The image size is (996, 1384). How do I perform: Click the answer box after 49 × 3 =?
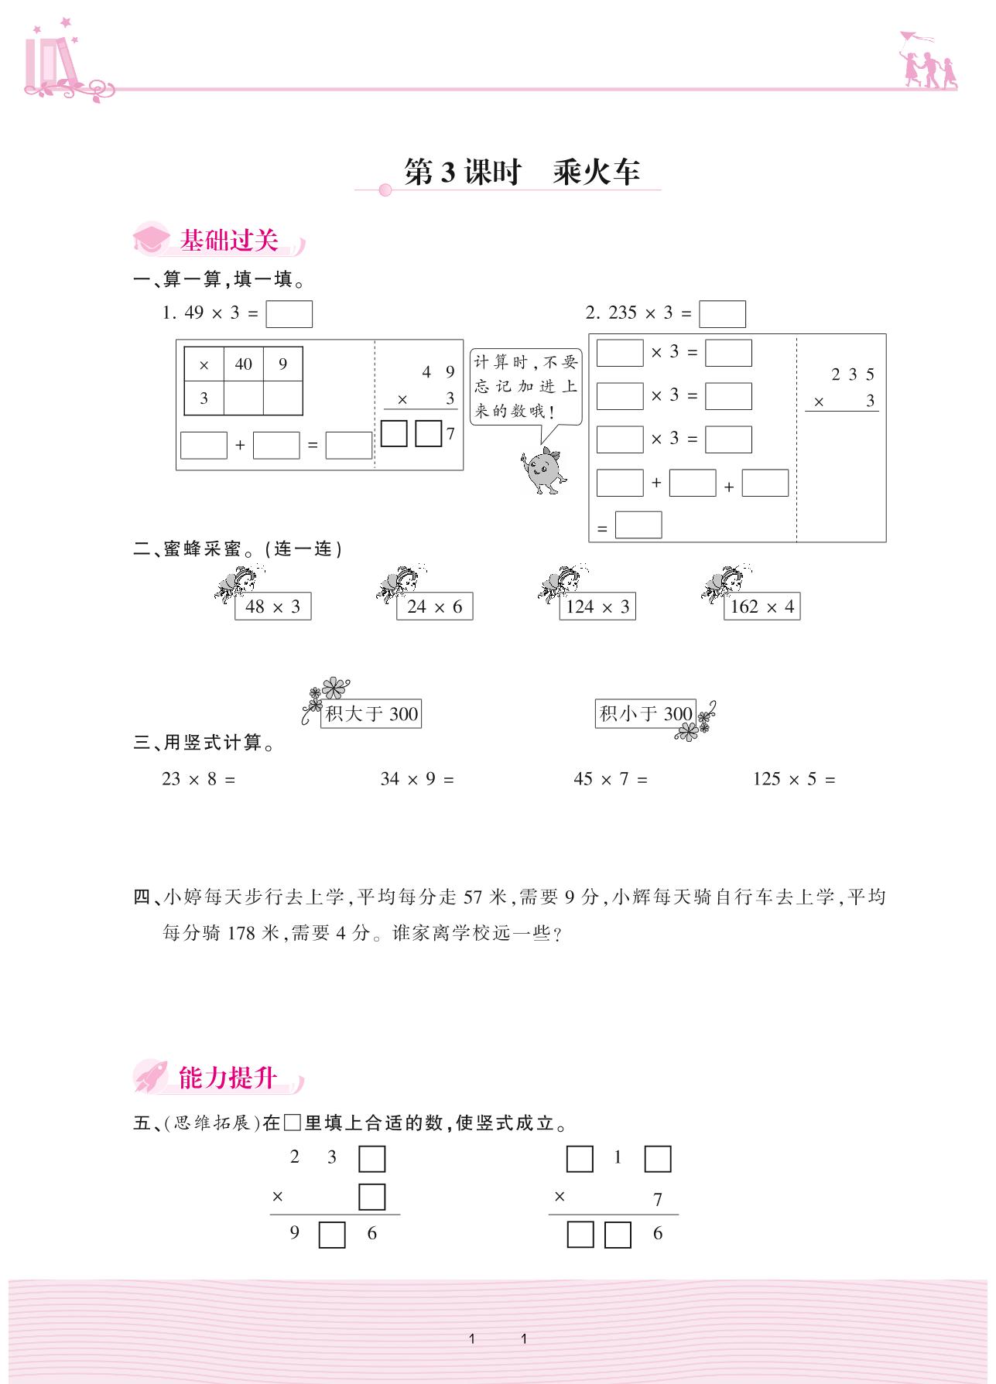pos(289,314)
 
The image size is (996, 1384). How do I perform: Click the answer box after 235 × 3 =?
pos(721,314)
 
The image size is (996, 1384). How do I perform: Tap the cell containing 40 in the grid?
pos(244,364)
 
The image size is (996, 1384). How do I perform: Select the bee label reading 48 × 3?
pos(272,607)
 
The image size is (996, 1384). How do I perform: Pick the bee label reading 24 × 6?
pos(434,607)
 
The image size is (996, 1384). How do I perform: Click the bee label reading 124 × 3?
pos(597,607)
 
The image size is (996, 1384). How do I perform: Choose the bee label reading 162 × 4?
pos(762,607)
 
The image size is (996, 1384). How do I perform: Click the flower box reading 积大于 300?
pos(371,713)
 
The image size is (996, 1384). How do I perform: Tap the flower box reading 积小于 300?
pos(645,713)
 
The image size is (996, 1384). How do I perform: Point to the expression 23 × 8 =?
pos(198,779)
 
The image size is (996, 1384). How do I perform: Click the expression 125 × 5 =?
pos(794,779)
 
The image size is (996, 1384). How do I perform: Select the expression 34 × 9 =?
pos(417,779)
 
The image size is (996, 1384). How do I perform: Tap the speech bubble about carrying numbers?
pos(525,386)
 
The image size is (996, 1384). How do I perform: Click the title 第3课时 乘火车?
pos(522,172)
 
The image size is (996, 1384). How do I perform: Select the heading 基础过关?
pos(228,241)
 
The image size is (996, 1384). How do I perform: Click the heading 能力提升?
pos(227,1077)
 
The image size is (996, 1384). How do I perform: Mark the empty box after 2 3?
pos(371,1159)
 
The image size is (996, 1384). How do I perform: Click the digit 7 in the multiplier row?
pos(658,1199)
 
